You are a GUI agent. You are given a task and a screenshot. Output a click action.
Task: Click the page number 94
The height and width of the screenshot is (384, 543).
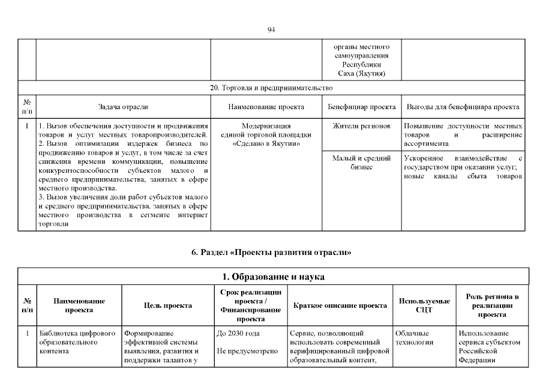point(271,30)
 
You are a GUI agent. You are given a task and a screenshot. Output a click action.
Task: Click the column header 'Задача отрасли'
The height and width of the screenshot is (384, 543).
point(123,107)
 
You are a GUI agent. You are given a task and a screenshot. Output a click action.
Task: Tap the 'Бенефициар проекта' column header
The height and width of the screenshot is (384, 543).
point(361,107)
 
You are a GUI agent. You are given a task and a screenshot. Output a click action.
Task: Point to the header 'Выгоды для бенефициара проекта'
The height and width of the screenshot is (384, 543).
point(463,107)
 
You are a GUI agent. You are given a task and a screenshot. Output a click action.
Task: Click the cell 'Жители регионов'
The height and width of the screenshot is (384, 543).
point(361,127)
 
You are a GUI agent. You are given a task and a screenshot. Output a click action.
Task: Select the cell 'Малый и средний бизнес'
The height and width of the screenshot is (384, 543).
point(361,162)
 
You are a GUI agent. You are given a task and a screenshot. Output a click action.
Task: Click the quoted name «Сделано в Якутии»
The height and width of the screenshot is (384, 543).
point(266,144)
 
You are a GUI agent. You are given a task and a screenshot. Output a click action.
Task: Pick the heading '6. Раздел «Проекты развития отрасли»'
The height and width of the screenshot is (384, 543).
point(271,253)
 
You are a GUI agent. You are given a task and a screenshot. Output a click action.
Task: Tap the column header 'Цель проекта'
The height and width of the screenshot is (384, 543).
point(168,305)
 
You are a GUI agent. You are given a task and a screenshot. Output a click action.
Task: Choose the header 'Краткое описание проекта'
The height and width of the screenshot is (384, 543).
point(340,305)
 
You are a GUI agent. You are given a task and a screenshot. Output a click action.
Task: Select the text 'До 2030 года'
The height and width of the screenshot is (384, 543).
point(238,334)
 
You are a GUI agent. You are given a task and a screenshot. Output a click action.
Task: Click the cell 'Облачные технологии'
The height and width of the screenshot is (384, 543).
point(415,338)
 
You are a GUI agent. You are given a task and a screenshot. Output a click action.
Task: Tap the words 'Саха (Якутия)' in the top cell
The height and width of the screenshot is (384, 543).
point(361,73)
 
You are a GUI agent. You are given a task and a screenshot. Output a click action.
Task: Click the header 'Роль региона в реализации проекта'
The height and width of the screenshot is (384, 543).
point(492,305)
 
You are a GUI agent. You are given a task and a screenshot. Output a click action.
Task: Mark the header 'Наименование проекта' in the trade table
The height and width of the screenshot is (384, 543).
point(266,107)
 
